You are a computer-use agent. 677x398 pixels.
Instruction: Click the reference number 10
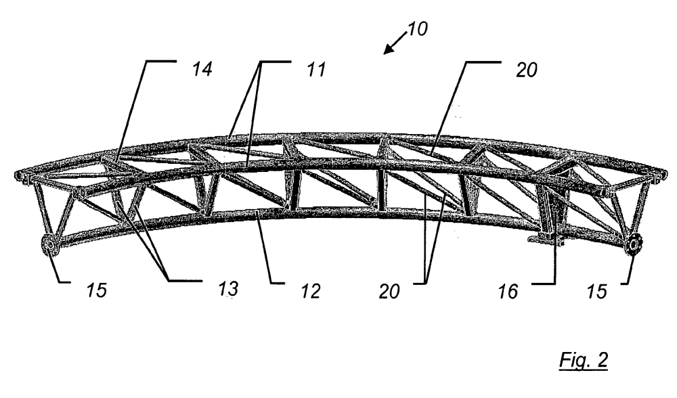point(417,29)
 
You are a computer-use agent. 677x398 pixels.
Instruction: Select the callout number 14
point(202,69)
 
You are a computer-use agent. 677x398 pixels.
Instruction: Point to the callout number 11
point(315,69)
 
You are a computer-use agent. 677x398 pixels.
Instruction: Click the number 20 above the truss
point(526,70)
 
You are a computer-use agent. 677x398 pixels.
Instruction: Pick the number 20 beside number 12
point(389,291)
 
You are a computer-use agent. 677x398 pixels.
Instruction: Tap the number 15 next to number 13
point(96,290)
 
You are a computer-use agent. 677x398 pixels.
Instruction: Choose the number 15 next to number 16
point(596,291)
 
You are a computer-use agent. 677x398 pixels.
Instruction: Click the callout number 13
point(227,289)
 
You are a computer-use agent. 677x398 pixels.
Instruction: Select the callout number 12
point(311,291)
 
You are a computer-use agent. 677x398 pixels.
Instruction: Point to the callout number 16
point(508,291)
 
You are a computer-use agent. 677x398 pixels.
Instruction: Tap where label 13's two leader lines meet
point(167,281)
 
